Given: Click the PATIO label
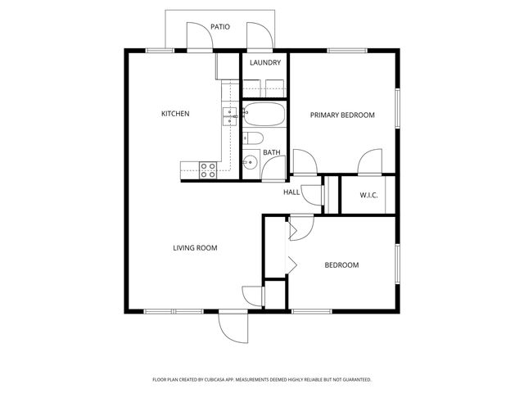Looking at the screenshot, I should tap(219, 27).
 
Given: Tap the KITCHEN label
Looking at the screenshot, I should tap(175, 114).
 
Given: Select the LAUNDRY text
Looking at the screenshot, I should tap(265, 63).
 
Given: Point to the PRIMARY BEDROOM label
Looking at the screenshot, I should tap(341, 115).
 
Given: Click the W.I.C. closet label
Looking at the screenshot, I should tap(368, 195).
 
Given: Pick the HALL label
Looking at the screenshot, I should tap(291, 192).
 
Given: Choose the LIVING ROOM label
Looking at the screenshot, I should tap(194, 247).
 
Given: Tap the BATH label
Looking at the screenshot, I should tap(272, 152).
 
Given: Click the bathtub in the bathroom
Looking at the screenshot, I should tap(264, 115).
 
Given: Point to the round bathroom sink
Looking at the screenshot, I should tap(250, 163).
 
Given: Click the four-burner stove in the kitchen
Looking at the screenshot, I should tap(208, 169).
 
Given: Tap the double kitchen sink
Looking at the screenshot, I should tap(229, 115).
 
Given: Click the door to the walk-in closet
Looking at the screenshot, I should tap(368, 162).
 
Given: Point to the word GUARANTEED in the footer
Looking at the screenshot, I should tap(354, 380).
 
